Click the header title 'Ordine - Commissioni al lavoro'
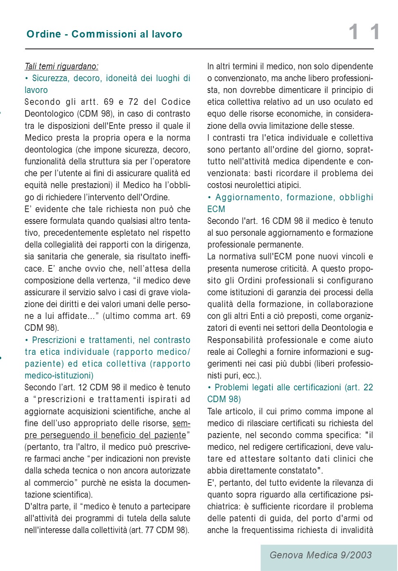105,34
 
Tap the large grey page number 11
364,32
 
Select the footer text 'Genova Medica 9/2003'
320,555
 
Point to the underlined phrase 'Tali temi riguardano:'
61,66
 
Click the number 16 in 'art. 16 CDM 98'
265,221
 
